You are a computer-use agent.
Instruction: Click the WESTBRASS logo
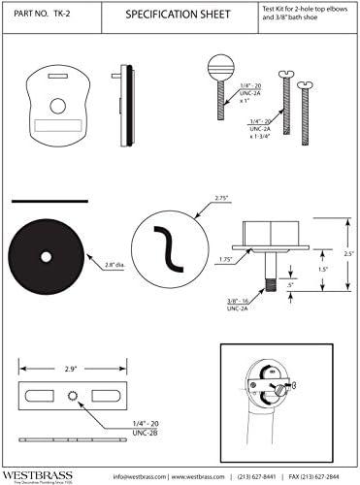pyautogui.click(x=36, y=475)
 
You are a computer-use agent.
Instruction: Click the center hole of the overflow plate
pyautogui.click(x=45, y=103)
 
